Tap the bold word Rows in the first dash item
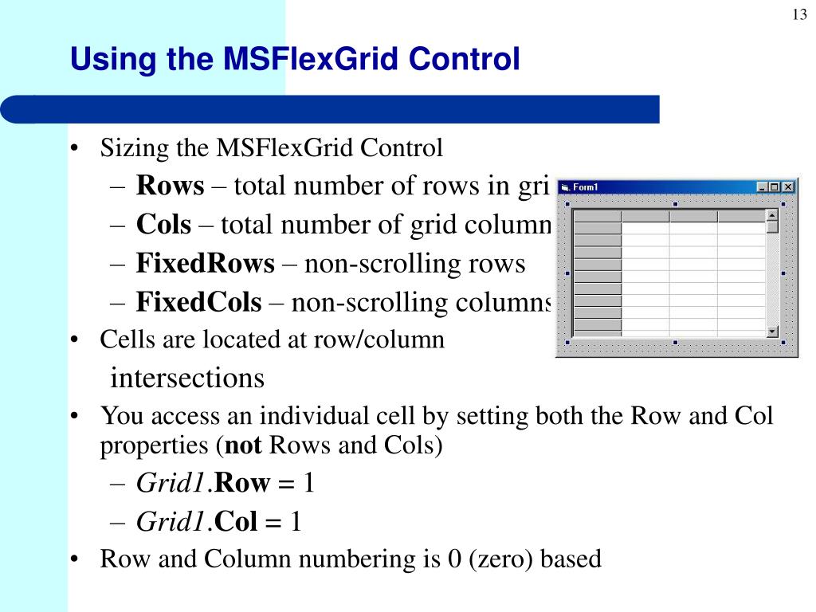pyautogui.click(x=170, y=186)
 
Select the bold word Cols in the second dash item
pyautogui.click(x=163, y=226)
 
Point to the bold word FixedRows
pyautogui.click(x=205, y=264)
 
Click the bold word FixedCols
pyautogui.click(x=198, y=303)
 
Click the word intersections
pyautogui.click(x=187, y=378)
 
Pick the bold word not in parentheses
pyautogui.click(x=243, y=445)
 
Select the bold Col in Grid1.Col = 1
pyautogui.click(x=236, y=523)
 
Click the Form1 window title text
pyautogui.click(x=586, y=187)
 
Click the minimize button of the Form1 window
pyautogui.click(x=763, y=187)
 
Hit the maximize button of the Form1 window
pyautogui.click(x=775, y=187)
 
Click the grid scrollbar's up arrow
pyautogui.click(x=771, y=215)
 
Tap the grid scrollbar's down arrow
pyautogui.click(x=771, y=331)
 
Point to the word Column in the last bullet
pyautogui.click(x=248, y=559)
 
